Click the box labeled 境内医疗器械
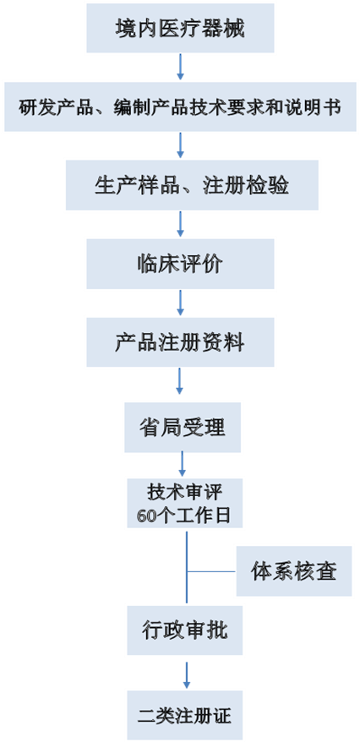point(180,28)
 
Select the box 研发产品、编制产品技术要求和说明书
point(180,107)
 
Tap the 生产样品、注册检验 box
point(192,185)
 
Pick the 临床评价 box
point(179,263)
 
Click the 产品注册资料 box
point(180,342)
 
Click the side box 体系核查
point(293,571)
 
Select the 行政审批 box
point(183,630)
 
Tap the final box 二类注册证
point(183,716)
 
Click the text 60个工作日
point(183,516)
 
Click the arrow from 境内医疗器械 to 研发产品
point(180,67)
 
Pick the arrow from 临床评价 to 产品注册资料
point(180,303)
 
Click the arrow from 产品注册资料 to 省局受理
point(180,381)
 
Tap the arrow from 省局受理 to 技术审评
point(183,464)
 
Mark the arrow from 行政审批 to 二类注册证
point(186,674)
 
